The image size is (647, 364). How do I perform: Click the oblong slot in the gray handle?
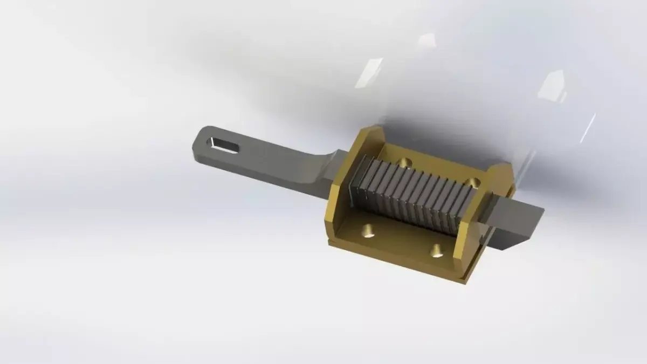226,144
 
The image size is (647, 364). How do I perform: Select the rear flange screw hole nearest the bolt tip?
473,181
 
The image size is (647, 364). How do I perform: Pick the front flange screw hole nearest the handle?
368,231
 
